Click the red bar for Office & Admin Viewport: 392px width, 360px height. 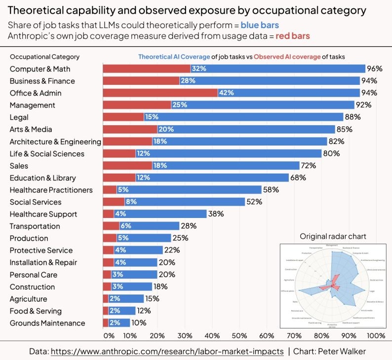160,93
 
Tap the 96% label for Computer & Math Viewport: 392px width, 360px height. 375,69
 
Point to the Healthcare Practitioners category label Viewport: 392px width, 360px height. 51,190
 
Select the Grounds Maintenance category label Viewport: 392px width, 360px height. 47,323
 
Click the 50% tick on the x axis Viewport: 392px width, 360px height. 239,336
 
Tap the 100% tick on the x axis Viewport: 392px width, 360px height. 376,336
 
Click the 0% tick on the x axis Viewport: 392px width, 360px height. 109,336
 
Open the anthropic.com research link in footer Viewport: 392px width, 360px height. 167,351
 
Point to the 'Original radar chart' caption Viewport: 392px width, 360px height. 333,236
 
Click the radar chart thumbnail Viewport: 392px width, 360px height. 333,285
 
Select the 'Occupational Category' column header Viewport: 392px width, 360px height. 44,57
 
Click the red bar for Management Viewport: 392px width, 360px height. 137,105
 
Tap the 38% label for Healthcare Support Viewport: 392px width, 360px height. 216,214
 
